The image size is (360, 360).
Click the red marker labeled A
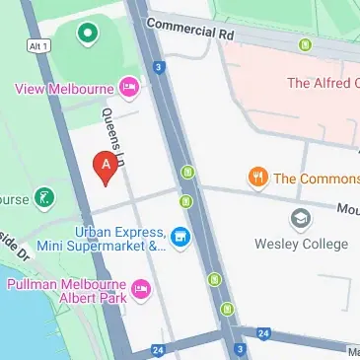click(x=105, y=167)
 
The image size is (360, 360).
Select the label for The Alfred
click(x=321, y=83)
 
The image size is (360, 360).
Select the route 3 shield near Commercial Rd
click(x=158, y=66)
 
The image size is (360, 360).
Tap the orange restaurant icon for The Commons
click(x=258, y=178)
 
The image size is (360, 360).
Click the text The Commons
click(x=316, y=179)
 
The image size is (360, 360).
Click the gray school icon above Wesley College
click(x=300, y=217)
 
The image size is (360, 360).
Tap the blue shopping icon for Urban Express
click(x=180, y=236)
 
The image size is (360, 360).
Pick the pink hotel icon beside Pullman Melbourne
click(x=142, y=291)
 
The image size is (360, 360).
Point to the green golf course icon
click(x=43, y=198)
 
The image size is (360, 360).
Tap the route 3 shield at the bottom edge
click(x=238, y=349)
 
